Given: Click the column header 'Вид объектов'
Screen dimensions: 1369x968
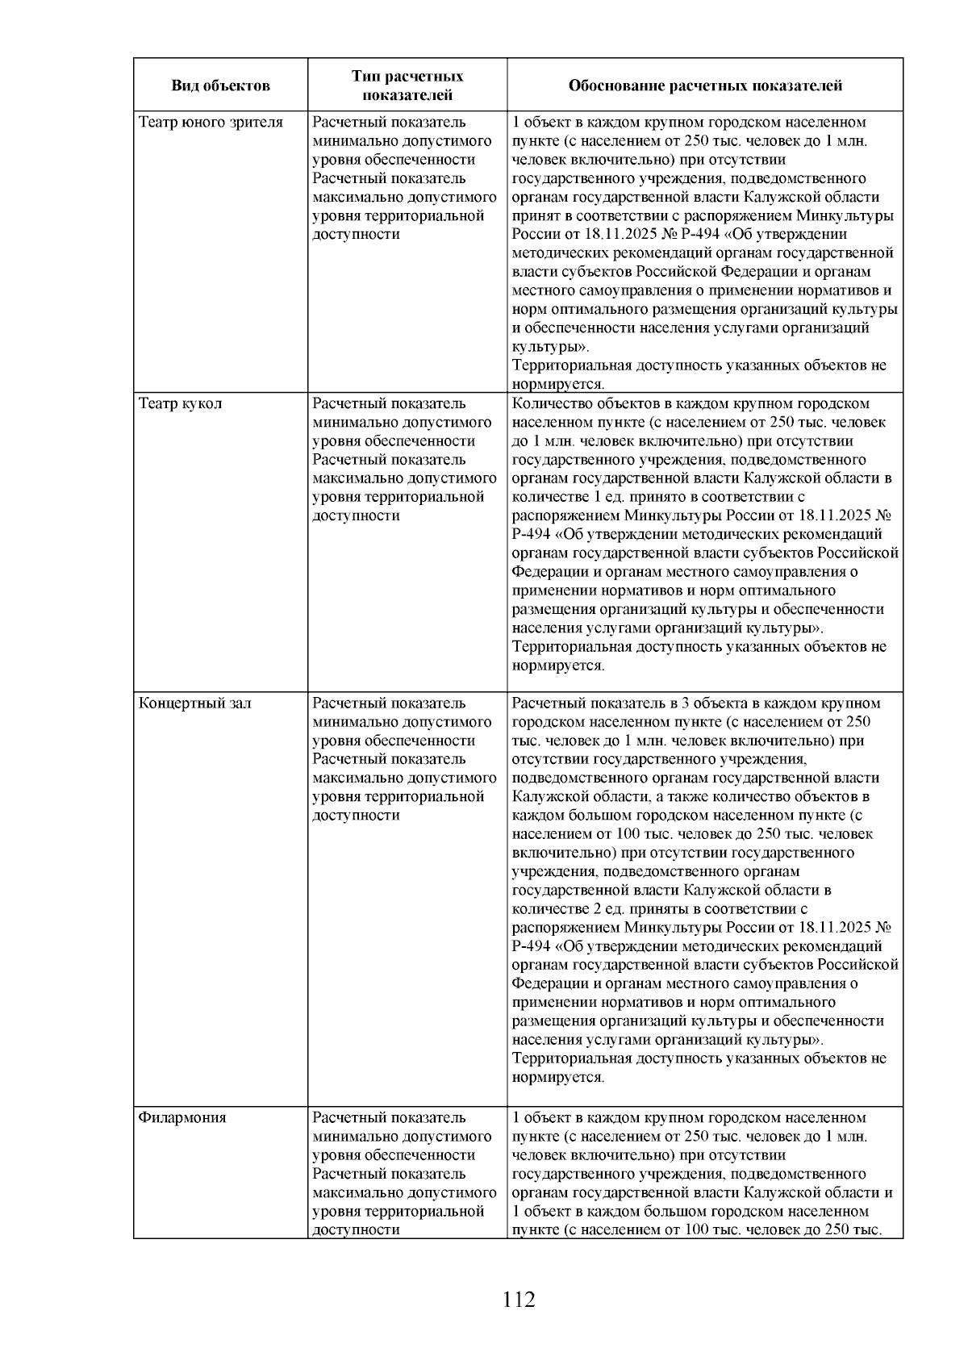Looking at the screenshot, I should pos(220,86).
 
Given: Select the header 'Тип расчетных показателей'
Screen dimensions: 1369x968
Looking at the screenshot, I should pos(407,86).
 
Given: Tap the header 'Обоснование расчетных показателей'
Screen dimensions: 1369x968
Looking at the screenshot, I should pos(705,86).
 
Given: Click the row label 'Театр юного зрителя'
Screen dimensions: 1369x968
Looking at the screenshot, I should pos(211,123).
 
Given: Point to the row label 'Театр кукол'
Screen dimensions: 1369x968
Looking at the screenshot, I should pos(180,403).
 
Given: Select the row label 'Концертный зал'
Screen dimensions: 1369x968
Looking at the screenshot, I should pos(194,703).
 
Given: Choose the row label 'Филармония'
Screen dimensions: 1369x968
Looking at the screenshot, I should pos(182,1118).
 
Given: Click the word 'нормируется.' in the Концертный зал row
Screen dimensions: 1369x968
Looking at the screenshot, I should pos(558,1078).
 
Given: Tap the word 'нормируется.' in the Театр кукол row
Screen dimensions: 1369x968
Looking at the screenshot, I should pos(558,666).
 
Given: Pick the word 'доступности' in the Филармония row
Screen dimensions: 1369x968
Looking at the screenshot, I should pos(356,1230).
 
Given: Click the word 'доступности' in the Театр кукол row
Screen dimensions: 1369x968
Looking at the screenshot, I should pos(356,515).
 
